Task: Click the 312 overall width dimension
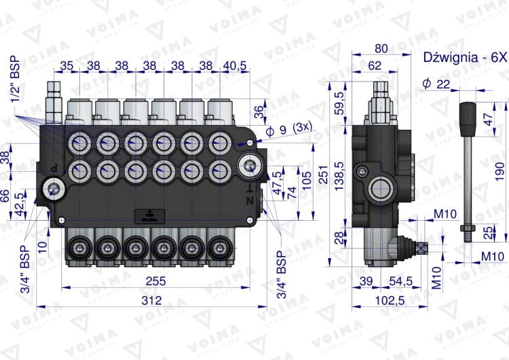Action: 151,300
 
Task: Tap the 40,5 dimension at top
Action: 234,66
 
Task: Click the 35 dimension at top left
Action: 67,66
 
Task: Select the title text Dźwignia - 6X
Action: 464,57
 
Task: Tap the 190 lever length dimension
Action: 499,168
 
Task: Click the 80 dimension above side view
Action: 381,48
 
